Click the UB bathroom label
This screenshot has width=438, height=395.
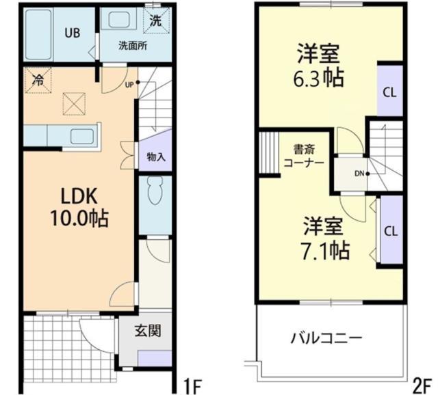coord(71,31)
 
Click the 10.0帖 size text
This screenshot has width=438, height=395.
coord(77,220)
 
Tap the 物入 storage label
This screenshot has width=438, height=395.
coord(156,156)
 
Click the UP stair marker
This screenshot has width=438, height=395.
coord(129,85)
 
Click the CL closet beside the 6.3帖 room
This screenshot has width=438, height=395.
coord(389,92)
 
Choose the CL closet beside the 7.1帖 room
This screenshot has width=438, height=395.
coord(390,231)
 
